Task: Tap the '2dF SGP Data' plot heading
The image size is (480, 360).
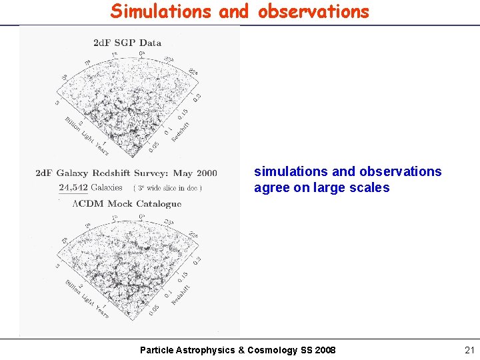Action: [127, 43]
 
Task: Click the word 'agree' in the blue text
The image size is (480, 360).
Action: [271, 187]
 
